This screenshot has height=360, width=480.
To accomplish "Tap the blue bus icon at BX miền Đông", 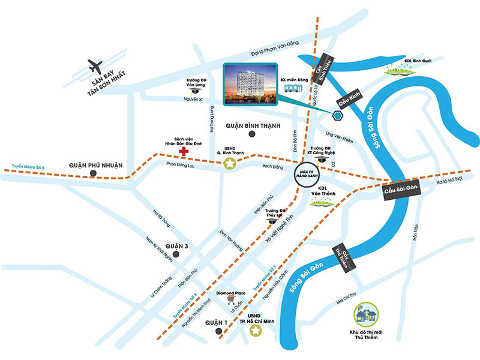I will point(293,88).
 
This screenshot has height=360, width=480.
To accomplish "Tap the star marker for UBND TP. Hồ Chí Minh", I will point(256,331).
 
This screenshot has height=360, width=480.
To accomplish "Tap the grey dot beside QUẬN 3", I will point(176,254).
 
